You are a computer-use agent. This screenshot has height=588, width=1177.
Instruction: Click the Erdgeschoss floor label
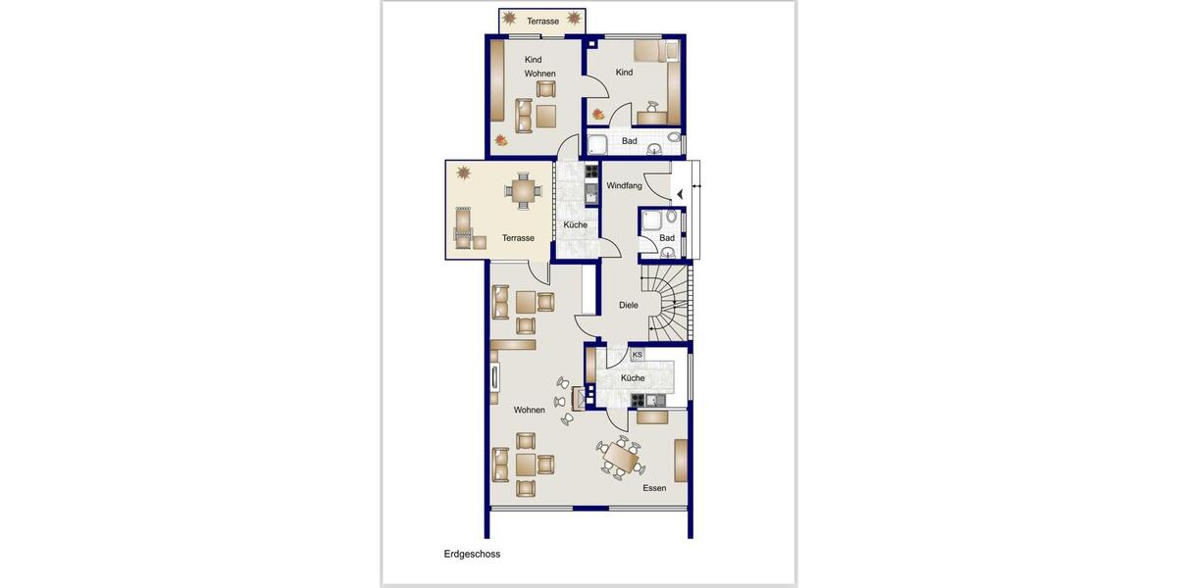point(472,554)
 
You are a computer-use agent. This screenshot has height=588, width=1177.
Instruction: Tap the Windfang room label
point(624,185)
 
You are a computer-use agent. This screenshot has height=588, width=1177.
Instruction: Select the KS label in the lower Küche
point(637,355)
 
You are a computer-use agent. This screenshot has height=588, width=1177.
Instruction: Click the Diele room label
point(628,305)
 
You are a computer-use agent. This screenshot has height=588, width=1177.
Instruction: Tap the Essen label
point(654,488)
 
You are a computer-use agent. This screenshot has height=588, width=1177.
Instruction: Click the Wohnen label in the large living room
point(529,410)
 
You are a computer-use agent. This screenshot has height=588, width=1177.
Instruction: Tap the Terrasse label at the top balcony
point(542,21)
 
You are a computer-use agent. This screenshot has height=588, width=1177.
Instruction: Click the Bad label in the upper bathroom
point(629,141)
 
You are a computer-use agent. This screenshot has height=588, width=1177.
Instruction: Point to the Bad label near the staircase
point(667,238)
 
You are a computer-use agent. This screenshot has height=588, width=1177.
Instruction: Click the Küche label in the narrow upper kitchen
point(576,225)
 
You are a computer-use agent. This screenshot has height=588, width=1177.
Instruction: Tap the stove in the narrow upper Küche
point(591,172)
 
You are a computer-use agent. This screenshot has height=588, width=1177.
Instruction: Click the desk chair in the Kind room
point(654,108)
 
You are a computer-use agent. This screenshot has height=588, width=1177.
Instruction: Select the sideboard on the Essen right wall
point(681,460)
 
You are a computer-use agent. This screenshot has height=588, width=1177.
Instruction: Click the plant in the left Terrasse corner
point(462,173)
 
